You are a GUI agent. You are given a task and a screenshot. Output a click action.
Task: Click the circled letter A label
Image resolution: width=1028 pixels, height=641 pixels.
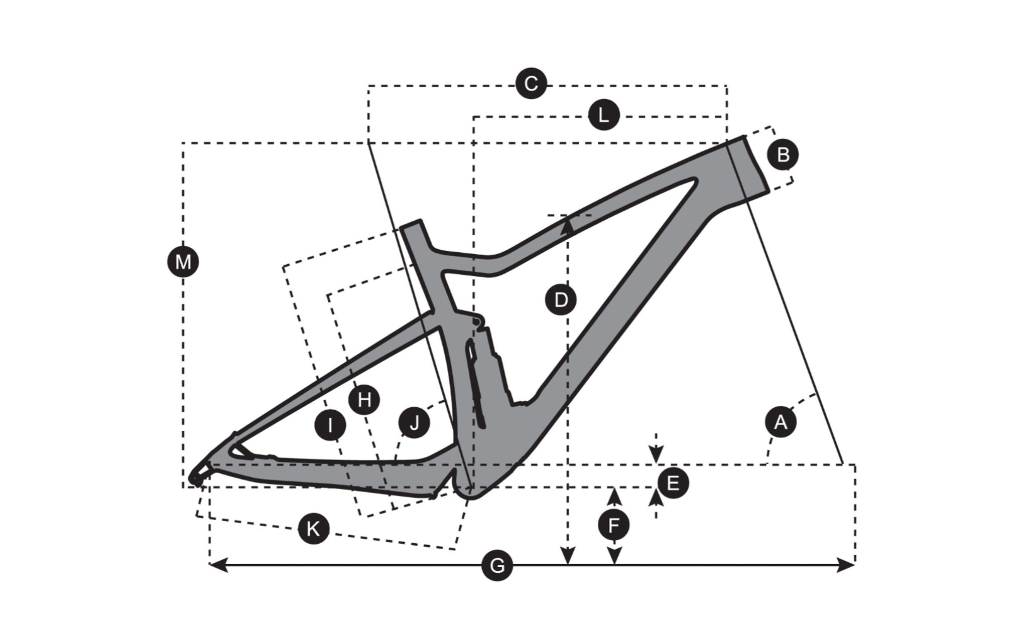pyautogui.click(x=781, y=422)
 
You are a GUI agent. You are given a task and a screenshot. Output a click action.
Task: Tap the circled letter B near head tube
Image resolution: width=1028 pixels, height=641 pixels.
pyautogui.click(x=783, y=154)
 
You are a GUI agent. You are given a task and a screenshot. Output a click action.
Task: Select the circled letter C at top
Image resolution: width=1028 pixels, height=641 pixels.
pyautogui.click(x=531, y=83)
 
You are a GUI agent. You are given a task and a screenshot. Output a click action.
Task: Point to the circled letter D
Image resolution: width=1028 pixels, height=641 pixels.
pyautogui.click(x=561, y=300)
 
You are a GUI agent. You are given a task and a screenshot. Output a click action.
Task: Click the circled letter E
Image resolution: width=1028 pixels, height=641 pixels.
pyautogui.click(x=673, y=483)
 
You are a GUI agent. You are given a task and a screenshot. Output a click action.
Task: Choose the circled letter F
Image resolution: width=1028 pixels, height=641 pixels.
pyautogui.click(x=613, y=526)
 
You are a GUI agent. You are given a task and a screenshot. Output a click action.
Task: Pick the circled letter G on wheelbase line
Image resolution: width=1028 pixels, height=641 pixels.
pyautogui.click(x=497, y=566)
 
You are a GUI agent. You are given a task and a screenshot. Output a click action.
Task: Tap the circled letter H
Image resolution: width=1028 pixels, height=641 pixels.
pyautogui.click(x=364, y=400)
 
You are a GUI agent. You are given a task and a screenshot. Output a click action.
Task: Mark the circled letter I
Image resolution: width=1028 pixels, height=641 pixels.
pyautogui.click(x=330, y=425)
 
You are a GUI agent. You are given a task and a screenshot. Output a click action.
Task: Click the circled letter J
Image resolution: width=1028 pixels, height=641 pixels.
pyautogui.click(x=414, y=423)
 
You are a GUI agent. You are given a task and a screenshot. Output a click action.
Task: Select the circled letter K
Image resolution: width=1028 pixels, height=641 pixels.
pyautogui.click(x=313, y=528)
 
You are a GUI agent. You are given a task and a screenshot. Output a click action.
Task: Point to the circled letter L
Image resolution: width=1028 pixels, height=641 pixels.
pyautogui.click(x=604, y=115)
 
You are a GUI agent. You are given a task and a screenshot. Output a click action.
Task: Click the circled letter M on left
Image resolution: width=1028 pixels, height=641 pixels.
pyautogui.click(x=183, y=262)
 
